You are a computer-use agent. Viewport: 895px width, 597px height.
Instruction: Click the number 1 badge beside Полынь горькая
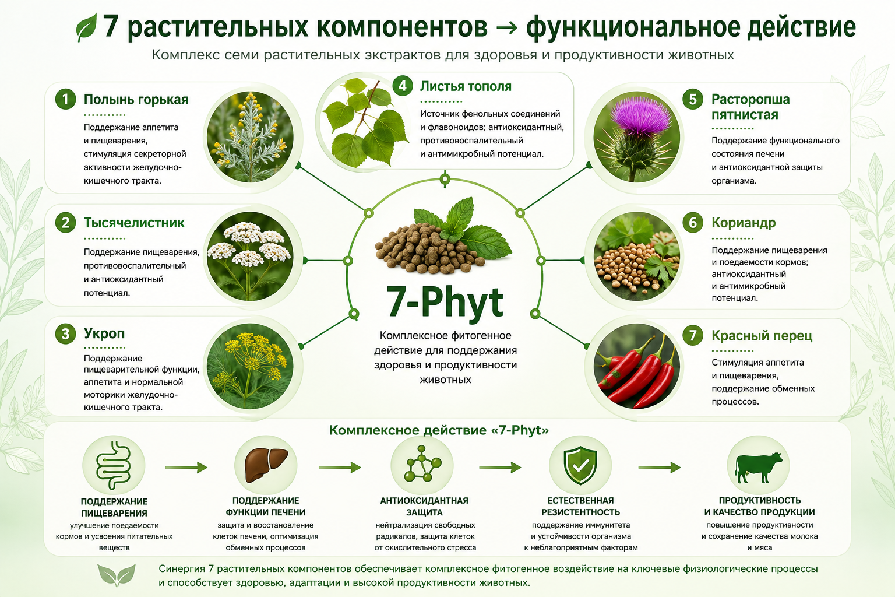[x=65, y=99]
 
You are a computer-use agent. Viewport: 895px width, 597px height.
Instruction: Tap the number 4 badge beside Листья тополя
[x=403, y=86]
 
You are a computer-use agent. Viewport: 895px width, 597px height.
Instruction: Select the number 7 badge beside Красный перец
[x=693, y=335]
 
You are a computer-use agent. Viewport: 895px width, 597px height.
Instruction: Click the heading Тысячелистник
[x=134, y=223]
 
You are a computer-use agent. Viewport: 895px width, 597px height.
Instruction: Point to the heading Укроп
[x=104, y=333]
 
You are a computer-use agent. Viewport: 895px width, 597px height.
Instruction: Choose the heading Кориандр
[x=744, y=223]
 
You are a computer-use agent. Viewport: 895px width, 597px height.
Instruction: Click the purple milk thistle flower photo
[x=637, y=137]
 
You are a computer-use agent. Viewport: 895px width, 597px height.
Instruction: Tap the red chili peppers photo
[x=637, y=366]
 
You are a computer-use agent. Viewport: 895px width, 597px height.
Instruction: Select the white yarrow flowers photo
[x=250, y=257]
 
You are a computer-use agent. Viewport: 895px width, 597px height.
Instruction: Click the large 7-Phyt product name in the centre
[x=445, y=303]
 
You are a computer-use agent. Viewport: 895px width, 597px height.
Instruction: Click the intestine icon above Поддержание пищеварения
[x=114, y=465]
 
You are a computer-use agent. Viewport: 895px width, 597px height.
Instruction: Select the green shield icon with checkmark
[x=580, y=465]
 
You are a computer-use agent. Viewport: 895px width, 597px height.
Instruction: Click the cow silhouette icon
[x=758, y=468]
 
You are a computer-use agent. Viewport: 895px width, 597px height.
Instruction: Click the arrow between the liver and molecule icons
[x=340, y=467]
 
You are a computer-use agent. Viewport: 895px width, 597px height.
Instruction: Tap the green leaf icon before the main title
[x=87, y=27]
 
